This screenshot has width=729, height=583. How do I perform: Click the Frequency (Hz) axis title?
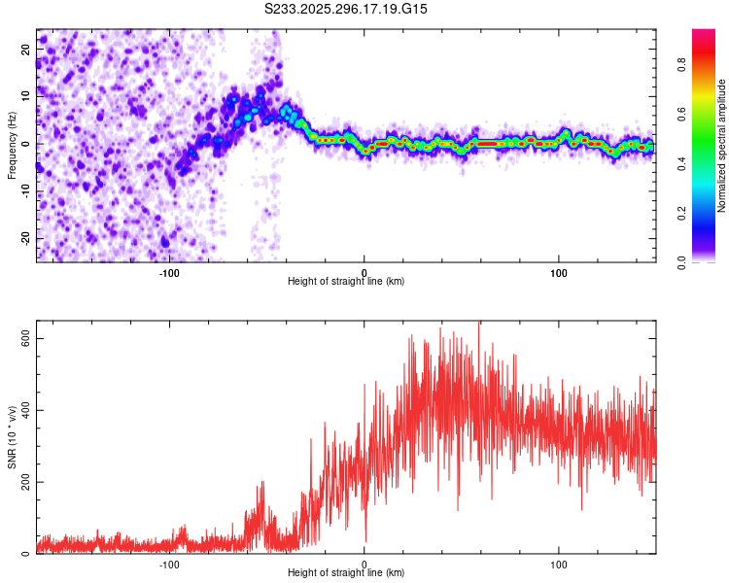click(x=12, y=145)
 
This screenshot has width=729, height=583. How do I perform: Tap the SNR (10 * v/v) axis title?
click(x=12, y=437)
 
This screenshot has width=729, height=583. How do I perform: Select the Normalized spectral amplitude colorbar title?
click(x=722, y=146)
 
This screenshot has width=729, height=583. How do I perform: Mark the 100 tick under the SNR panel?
click(x=559, y=564)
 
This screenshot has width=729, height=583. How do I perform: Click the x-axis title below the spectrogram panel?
click(x=346, y=281)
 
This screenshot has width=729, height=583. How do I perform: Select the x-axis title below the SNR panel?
click(x=346, y=573)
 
